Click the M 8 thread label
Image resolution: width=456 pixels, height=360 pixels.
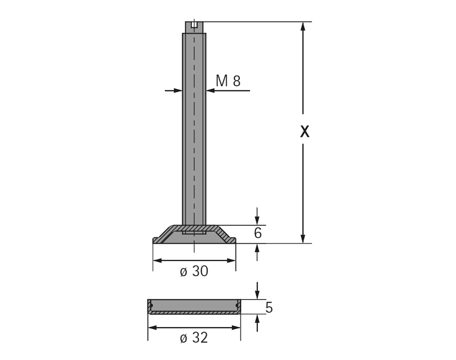pos(228,81)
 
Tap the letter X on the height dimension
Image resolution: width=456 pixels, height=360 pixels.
pos(304,132)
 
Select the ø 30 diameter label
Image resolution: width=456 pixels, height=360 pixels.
pos(194,271)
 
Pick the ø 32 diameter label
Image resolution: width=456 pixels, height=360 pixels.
pos(194,338)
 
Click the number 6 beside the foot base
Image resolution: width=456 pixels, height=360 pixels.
pos(258,233)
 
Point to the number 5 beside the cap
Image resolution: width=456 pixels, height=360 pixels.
pos(269,307)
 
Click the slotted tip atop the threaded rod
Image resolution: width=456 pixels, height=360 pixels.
pos(194,27)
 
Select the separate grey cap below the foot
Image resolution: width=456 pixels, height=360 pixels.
pos(194,307)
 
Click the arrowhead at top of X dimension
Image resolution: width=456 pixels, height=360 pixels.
pos(303,26)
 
